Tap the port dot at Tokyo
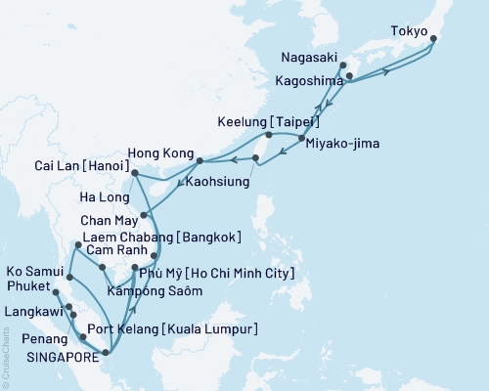point(433,40)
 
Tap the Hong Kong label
point(160,153)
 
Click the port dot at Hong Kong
point(200,160)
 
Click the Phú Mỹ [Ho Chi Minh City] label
point(216,273)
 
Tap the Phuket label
point(26,288)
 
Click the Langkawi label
point(30,311)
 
